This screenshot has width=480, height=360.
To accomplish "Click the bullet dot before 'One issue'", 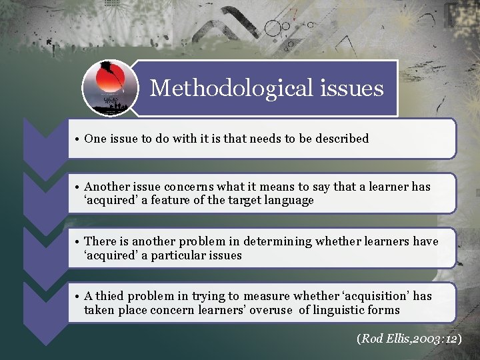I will coord(77,139).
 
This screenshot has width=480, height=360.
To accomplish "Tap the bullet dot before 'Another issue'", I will coord(77,187).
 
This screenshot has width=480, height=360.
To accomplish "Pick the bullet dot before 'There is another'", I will coord(77,241).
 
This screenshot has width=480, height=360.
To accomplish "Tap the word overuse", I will coord(273,310).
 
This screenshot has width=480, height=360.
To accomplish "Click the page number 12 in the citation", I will coord(453,339).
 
